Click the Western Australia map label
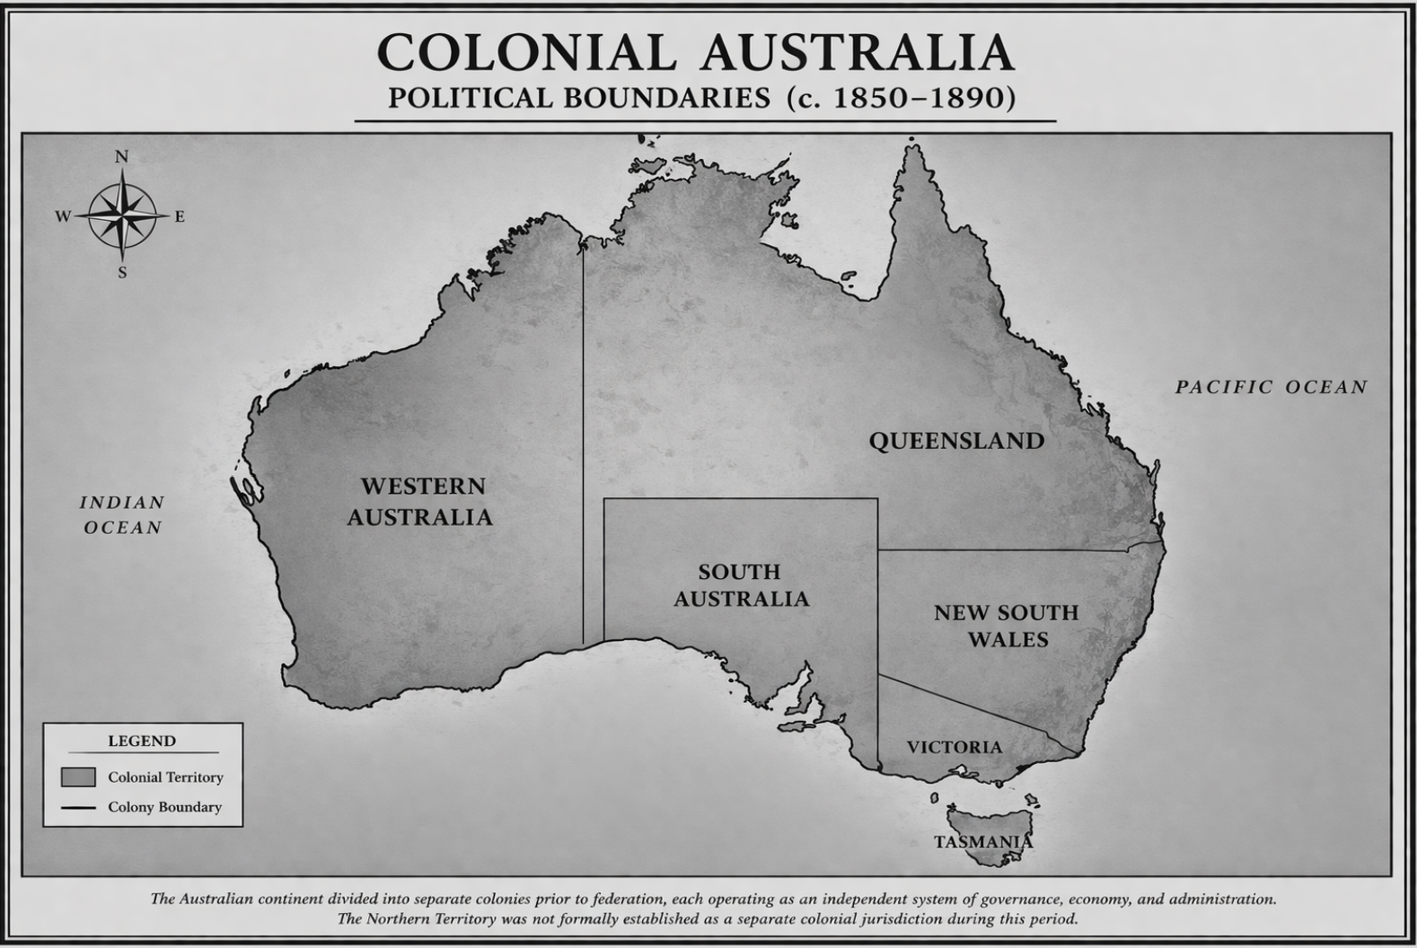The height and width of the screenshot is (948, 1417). tap(420, 502)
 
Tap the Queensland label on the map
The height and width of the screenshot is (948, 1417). tap(956, 441)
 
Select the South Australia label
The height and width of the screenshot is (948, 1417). tap(741, 585)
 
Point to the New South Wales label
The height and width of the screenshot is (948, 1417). tap(1006, 626)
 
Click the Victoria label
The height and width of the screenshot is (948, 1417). tap(954, 747)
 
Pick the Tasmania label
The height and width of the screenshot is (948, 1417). tap(983, 842)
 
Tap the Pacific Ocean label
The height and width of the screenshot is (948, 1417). tap(1272, 387)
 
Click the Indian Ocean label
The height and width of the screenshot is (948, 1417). tap(122, 514)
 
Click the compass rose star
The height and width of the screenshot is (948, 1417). tap(122, 215)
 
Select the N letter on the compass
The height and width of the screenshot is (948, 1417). tap(122, 157)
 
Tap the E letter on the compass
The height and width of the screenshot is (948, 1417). tap(180, 216)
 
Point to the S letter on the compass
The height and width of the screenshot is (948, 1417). tap(122, 273)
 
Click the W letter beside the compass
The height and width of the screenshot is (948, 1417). tap(63, 216)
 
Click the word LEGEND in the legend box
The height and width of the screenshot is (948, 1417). tap(142, 741)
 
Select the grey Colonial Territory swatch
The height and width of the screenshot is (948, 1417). tap(78, 777)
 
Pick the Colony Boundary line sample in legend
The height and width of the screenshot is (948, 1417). tap(78, 807)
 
